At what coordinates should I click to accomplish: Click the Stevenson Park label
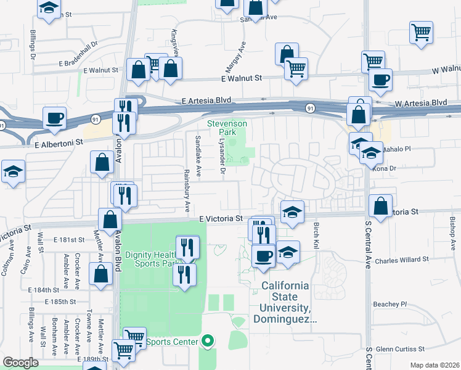tap(227, 128)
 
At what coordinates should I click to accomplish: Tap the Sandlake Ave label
tap(198, 156)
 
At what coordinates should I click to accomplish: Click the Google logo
tap(20, 363)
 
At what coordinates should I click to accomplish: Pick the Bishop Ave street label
tap(453, 230)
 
